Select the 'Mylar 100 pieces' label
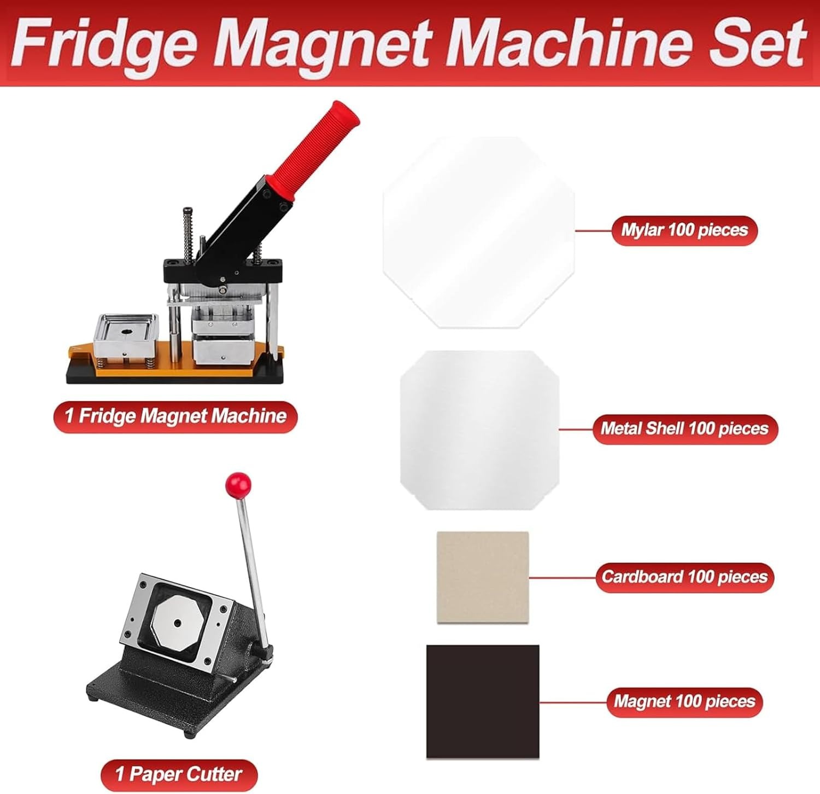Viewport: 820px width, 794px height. pyautogui.click(x=684, y=230)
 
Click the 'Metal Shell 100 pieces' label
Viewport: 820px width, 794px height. pyautogui.click(x=684, y=428)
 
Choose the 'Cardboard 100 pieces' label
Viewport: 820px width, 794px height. pyautogui.click(x=684, y=577)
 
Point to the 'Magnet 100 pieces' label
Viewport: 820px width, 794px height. pyautogui.click(x=684, y=702)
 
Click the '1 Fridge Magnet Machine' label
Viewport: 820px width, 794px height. pyautogui.click(x=175, y=416)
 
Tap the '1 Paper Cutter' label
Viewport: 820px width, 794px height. pyautogui.click(x=179, y=774)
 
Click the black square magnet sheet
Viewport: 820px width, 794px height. pyautogui.click(x=483, y=702)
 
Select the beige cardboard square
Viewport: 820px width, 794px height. pyautogui.click(x=483, y=577)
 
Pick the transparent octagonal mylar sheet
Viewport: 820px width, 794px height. pyautogui.click(x=479, y=233)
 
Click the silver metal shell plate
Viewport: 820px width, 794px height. pyautogui.click(x=479, y=430)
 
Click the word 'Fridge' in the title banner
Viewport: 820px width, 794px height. pyautogui.click(x=104, y=44)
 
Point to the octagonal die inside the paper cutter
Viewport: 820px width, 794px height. pyautogui.click(x=179, y=622)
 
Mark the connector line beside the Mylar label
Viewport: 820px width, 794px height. pyautogui.click(x=594, y=230)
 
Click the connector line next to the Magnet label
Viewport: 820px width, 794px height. pyautogui.click(x=573, y=702)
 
